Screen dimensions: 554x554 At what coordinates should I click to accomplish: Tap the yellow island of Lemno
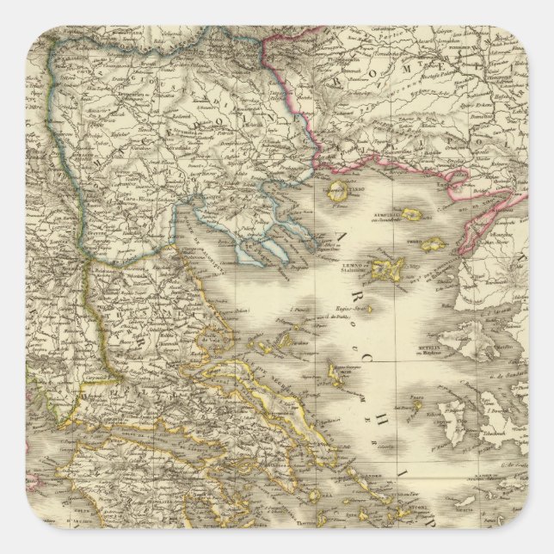tap(394, 267)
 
